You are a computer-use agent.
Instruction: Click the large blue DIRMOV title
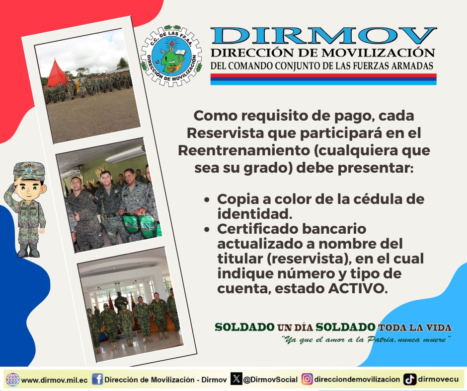pos(324,36)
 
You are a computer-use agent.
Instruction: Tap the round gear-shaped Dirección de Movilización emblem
pos(171,56)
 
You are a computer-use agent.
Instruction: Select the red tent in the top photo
pos(56,73)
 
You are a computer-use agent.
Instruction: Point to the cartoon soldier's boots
pos(29,250)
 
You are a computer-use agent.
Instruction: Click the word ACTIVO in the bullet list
pos(358,288)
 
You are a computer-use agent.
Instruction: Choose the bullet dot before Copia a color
pos(207,199)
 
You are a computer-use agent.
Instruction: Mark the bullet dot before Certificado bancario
pos(207,229)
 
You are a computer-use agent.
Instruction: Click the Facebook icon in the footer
pos(97,380)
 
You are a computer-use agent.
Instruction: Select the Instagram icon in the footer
pos(307,380)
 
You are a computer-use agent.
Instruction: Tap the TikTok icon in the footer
pos(410,380)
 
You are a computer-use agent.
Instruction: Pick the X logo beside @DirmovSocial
pos(236,379)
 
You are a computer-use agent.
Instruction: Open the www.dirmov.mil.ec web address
pos(55,380)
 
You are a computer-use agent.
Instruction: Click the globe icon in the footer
pos(13,380)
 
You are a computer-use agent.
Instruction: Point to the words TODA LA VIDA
pos(414,327)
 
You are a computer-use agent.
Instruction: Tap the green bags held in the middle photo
pos(141,226)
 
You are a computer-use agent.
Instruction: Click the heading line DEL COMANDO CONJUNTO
pos(322,66)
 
